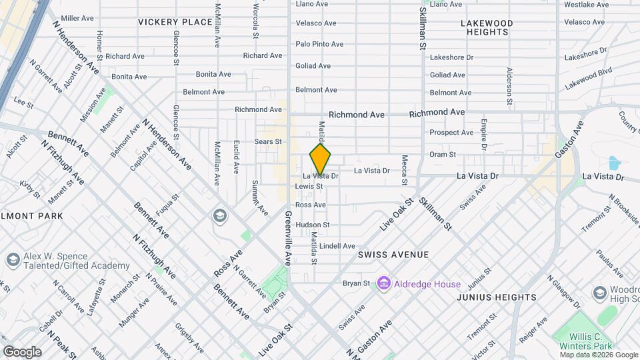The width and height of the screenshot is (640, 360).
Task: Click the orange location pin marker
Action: [321, 159]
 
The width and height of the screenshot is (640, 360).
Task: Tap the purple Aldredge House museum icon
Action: [383, 284]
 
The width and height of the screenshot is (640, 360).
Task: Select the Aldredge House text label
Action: [427, 284]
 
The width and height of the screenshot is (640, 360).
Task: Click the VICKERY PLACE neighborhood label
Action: [175, 22]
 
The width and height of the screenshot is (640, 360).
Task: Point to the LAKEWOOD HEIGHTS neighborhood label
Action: [487, 27]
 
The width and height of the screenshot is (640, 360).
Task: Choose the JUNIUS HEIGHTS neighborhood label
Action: [497, 297]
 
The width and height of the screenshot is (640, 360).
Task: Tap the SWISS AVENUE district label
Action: [393, 255]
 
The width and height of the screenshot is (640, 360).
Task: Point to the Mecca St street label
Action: [404, 166]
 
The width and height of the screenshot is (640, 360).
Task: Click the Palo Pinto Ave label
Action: [319, 44]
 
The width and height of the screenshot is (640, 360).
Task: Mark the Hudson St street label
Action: [313, 225]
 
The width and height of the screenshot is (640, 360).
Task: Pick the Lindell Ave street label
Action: [337, 246]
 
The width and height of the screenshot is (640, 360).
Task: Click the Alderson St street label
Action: [509, 87]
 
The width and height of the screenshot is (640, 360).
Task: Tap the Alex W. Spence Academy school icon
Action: [12, 259]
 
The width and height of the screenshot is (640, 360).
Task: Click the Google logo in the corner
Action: [22, 351]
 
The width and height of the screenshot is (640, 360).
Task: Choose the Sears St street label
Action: [269, 141]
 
